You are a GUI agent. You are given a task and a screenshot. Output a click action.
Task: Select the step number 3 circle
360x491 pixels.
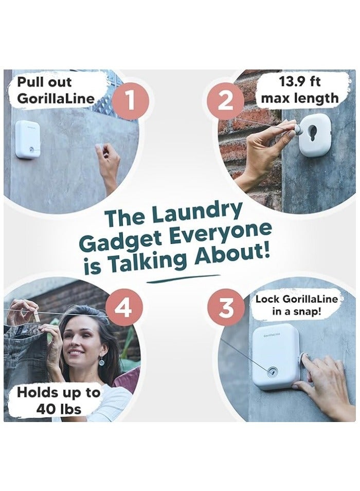click(x=225, y=308)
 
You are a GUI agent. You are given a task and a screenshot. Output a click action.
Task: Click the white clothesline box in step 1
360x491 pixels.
click(x=28, y=139)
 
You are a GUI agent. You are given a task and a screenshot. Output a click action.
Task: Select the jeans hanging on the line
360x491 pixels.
click(x=26, y=360)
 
